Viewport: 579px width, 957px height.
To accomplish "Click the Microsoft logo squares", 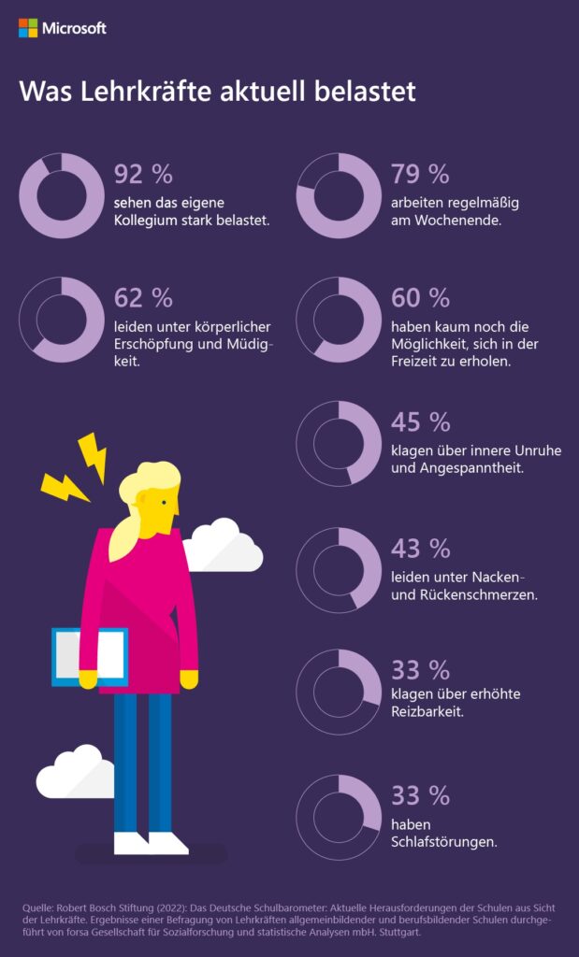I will click(28, 28).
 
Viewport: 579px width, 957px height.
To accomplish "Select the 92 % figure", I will click(143, 174).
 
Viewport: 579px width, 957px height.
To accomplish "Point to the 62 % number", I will click(143, 298).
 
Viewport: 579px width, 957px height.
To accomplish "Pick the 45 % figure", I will click(420, 422).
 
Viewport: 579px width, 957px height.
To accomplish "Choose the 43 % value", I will click(420, 548).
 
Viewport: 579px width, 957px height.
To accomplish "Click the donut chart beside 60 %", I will click(339, 320).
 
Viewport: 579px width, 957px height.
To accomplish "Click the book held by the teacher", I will click(89, 657).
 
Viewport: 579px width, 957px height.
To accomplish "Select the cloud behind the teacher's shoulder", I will click(224, 546).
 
